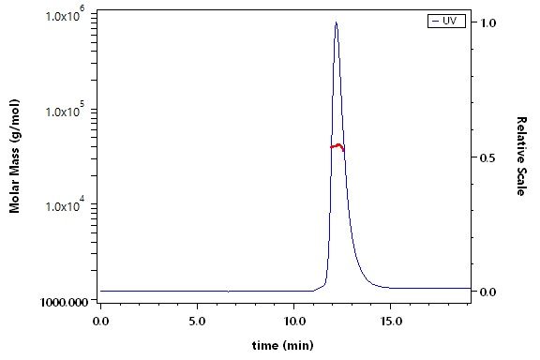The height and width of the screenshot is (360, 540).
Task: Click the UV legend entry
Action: (446, 21)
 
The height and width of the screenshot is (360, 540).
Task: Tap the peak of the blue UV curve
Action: (337, 22)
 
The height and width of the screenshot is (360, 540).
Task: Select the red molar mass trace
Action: (337, 147)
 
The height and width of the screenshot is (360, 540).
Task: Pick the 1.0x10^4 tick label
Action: (66, 205)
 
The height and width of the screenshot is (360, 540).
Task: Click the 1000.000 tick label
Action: (64, 302)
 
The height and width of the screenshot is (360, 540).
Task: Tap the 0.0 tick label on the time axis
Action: (100, 322)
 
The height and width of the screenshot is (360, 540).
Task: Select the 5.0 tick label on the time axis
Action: (197, 322)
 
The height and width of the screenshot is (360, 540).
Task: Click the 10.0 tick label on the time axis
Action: (293, 322)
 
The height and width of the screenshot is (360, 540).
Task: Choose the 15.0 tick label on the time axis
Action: (391, 322)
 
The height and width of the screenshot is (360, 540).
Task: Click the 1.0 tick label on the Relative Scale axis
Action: (488, 23)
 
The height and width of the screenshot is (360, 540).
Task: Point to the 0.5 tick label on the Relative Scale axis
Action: (488, 157)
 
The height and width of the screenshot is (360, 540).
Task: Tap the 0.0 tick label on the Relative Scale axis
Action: (488, 292)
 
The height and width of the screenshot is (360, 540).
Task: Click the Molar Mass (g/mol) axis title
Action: (14, 156)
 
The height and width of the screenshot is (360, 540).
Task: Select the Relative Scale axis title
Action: (521, 156)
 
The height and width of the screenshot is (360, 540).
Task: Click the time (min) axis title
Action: (283, 345)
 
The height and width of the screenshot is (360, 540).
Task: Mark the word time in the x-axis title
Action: (264, 345)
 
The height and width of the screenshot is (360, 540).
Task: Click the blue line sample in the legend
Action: (436, 21)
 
